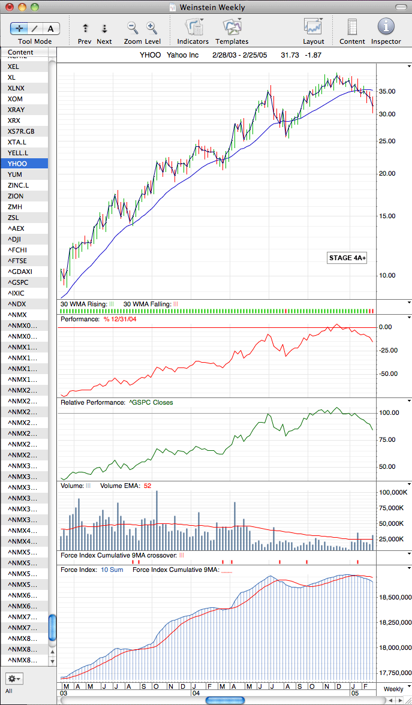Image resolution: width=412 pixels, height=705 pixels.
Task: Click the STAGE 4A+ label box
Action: click(347, 258)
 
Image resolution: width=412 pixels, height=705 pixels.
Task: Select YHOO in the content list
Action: click(17, 164)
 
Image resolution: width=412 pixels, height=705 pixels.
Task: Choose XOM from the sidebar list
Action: click(16, 99)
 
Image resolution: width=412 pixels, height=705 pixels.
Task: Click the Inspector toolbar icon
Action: click(386, 27)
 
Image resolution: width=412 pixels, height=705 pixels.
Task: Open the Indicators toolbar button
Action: click(193, 27)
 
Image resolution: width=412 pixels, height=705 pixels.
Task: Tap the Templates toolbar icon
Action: click(232, 27)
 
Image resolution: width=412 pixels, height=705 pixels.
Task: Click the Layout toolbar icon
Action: click(314, 27)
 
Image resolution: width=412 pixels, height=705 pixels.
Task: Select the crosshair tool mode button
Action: click(19, 29)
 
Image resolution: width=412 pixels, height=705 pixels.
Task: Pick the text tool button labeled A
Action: click(51, 29)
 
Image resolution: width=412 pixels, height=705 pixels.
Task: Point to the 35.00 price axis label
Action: click(387, 91)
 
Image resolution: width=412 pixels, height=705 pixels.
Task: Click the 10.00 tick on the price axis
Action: click(387, 275)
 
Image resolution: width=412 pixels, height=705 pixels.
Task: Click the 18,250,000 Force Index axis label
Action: click(394, 623)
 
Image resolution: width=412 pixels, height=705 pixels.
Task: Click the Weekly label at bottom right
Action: click(393, 689)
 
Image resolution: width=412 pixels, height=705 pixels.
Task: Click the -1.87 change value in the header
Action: click(312, 56)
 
